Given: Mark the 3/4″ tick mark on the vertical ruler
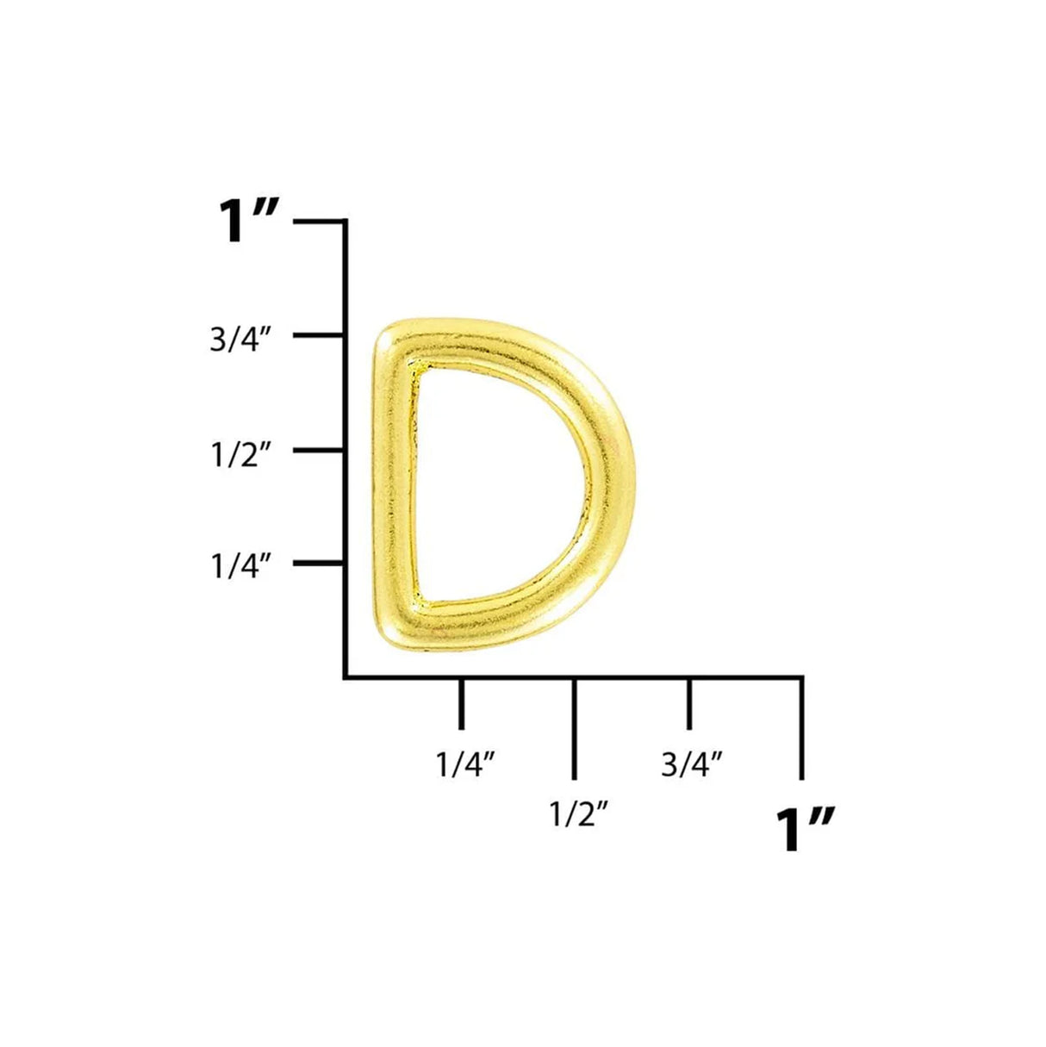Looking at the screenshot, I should [x=319, y=334].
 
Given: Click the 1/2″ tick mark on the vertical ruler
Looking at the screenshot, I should [x=319, y=450].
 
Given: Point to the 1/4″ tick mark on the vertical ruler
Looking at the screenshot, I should [x=319, y=564].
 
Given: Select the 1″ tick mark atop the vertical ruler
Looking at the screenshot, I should [x=319, y=221].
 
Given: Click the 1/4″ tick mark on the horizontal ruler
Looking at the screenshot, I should [x=462, y=702].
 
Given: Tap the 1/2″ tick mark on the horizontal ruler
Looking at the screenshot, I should [x=575, y=728].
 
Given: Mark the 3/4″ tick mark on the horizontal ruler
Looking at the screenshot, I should [x=688, y=702].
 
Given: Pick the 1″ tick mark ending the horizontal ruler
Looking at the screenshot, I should [x=802, y=728].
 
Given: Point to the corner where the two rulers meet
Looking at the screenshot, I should [x=346, y=677].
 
